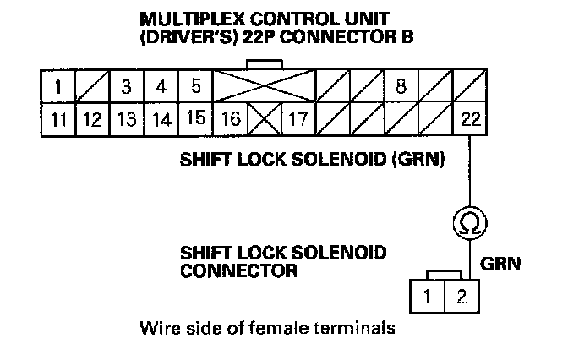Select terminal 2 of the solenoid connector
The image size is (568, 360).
pos(461,296)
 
